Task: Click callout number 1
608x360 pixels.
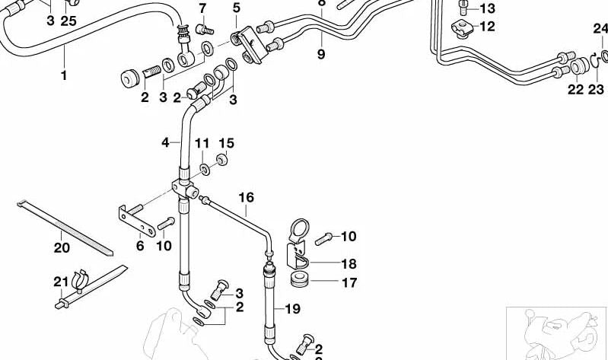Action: point(64,75)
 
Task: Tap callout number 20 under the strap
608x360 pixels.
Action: point(62,247)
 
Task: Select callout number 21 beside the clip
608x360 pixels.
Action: point(61,282)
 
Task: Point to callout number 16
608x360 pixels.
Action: point(246,198)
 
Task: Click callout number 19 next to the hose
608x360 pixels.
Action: point(294,309)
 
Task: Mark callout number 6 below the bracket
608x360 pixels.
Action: point(140,246)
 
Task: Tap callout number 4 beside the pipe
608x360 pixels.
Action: point(165,142)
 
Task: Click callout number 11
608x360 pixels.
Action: point(202,143)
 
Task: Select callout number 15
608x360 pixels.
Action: point(226,143)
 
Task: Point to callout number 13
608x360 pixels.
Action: point(487,9)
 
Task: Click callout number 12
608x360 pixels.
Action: point(487,27)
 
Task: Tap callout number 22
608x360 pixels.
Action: point(575,90)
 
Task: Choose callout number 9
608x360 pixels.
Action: point(320,54)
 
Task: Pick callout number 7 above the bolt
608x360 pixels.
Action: point(202,9)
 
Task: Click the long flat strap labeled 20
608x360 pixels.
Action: point(65,228)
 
